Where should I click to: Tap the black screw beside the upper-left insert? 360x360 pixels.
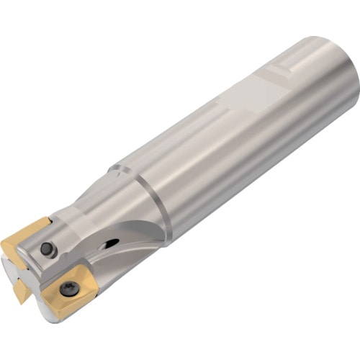tap(48, 249)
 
